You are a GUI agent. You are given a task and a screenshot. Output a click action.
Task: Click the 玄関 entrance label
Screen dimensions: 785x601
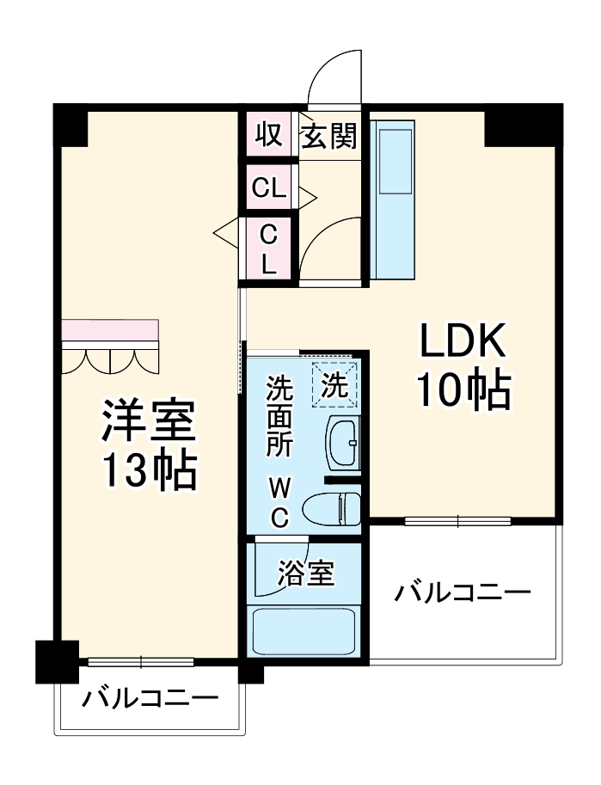coord(328,135)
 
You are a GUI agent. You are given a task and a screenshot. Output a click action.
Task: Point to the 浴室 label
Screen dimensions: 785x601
coord(305,573)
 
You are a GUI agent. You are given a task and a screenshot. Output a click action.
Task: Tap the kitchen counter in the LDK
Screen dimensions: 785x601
coord(395,205)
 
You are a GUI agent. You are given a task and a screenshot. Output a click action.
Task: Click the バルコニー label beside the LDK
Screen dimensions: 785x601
coord(463,593)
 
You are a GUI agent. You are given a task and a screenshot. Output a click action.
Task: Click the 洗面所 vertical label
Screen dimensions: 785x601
coord(279,417)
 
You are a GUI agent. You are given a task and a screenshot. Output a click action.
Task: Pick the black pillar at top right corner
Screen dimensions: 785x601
coord(522,125)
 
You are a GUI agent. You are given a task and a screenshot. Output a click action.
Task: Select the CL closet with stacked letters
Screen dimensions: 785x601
coord(269,248)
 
